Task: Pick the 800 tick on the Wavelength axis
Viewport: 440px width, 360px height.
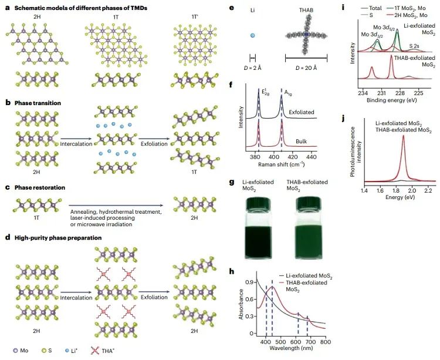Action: [x=326, y=342]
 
